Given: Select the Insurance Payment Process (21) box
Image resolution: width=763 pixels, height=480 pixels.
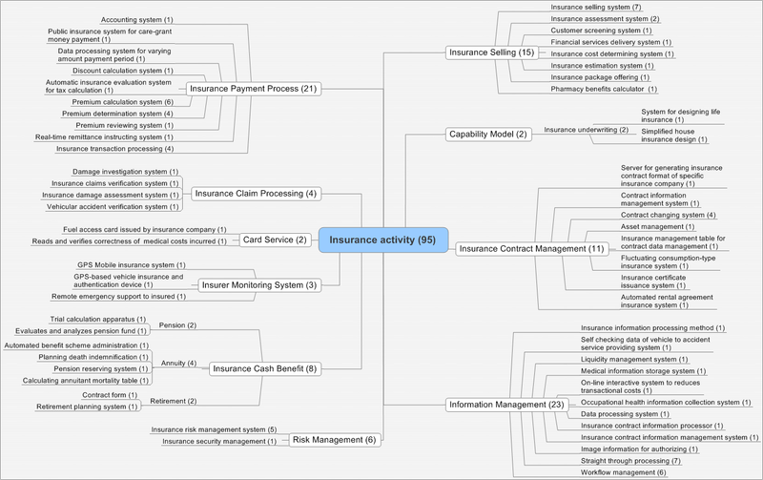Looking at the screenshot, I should coord(251,89).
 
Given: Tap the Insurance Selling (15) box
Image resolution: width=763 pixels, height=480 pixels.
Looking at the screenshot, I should coord(492,52).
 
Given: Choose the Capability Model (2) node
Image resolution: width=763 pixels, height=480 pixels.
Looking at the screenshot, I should coord(487,134).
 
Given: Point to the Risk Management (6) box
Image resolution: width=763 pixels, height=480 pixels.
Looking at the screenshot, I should coord(334,439).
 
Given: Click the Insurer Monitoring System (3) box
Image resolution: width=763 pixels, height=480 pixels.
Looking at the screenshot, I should coord(257,283).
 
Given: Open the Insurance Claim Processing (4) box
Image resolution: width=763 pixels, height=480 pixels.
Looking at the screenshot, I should coord(255,193).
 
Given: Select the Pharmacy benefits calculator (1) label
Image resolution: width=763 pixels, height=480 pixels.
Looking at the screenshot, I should coord(605,89).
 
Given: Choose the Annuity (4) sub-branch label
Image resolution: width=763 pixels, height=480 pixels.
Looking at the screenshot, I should coord(178,362).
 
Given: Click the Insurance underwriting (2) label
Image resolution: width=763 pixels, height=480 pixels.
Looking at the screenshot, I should coord(586,129).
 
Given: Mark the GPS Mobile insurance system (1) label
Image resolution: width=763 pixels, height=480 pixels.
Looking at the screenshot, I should coord(126,264).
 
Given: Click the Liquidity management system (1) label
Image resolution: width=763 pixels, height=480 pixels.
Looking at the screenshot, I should coord(635,359).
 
